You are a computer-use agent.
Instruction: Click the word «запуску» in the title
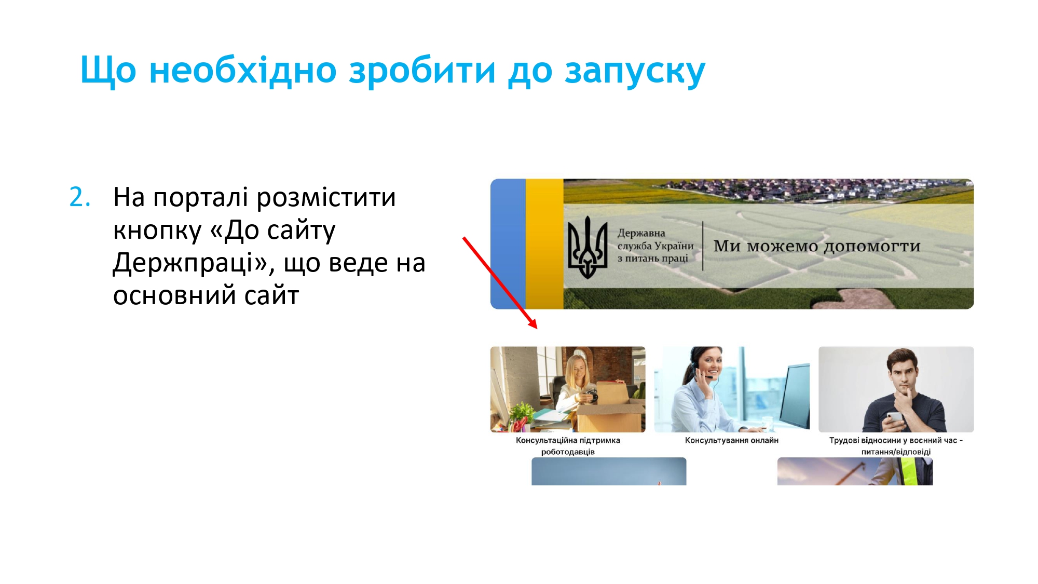click(635, 71)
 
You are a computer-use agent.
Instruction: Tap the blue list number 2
click(80, 198)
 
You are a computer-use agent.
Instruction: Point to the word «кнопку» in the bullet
click(157, 231)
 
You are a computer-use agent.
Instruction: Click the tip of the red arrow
click(537, 329)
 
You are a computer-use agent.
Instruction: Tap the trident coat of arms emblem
click(588, 247)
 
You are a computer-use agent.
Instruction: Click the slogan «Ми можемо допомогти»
click(817, 246)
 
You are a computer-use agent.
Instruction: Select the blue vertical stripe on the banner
click(508, 244)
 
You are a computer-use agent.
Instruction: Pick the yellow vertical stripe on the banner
click(544, 244)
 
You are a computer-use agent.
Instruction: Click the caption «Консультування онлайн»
click(732, 440)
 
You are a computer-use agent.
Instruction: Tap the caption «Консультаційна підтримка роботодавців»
click(568, 446)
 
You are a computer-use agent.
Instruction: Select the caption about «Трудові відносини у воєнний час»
click(896, 446)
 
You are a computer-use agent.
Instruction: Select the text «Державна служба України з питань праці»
click(655, 246)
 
